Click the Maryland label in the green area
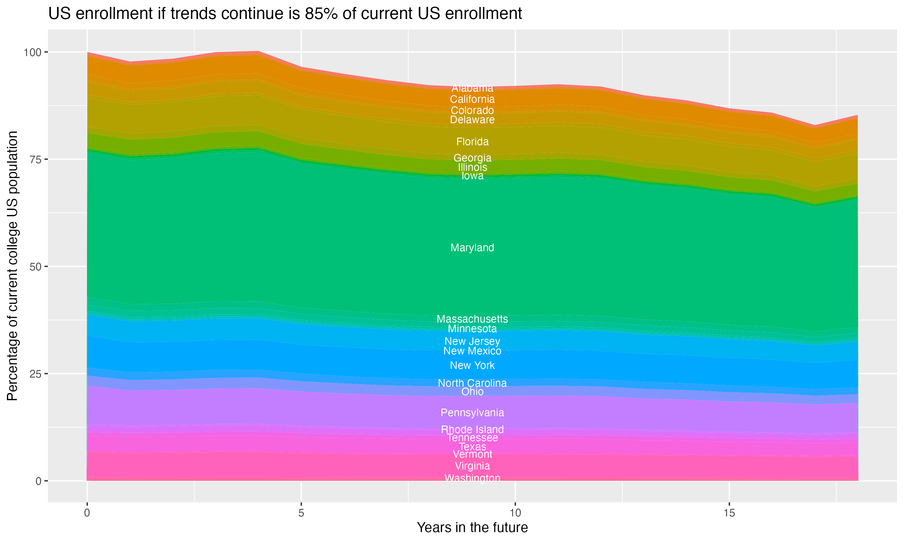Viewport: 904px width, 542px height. [x=472, y=248]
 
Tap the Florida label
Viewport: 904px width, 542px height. [x=472, y=142]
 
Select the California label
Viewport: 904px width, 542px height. [x=472, y=99]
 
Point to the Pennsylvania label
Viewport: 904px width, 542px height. [x=472, y=413]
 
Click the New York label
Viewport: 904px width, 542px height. [x=472, y=365]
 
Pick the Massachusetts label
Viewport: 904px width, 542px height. [x=472, y=319]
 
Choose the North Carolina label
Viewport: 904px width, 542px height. [x=472, y=383]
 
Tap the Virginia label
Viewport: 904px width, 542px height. [x=472, y=466]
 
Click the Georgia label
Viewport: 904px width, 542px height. [x=472, y=158]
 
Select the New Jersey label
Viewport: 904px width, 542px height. [x=472, y=341]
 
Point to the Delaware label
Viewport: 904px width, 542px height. [x=472, y=120]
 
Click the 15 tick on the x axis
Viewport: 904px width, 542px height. [x=729, y=513]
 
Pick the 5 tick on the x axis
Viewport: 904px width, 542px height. [x=301, y=513]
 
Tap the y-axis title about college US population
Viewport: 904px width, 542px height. [x=12, y=266]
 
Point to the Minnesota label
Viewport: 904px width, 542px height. [x=472, y=329]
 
